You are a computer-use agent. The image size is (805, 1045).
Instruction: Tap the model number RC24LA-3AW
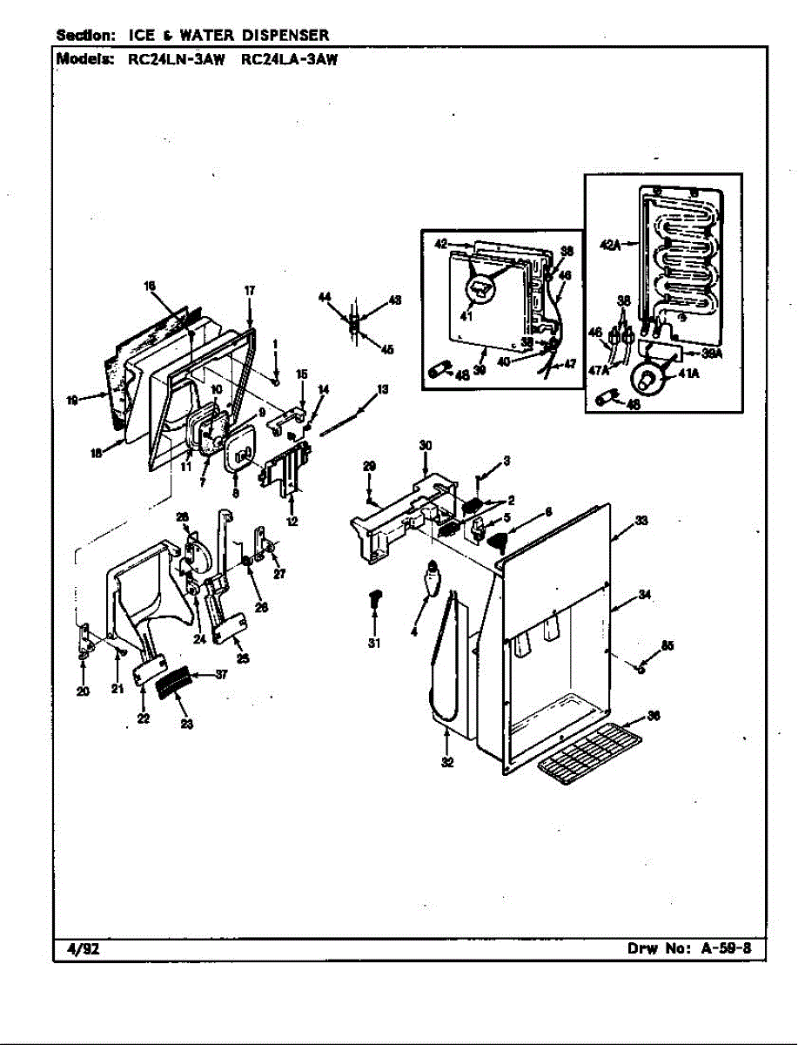point(288,60)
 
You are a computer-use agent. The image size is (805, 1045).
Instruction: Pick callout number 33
point(641,521)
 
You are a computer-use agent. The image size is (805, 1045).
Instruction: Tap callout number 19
point(73,401)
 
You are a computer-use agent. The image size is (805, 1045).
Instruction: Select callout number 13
point(382,388)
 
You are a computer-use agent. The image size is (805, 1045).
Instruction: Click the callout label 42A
point(610,246)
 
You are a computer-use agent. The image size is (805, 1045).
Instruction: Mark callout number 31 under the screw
point(374,644)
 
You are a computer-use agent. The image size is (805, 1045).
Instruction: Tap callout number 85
point(667,645)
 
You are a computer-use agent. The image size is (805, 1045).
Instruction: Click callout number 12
point(292,522)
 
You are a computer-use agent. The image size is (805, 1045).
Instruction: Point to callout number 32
point(446,762)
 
